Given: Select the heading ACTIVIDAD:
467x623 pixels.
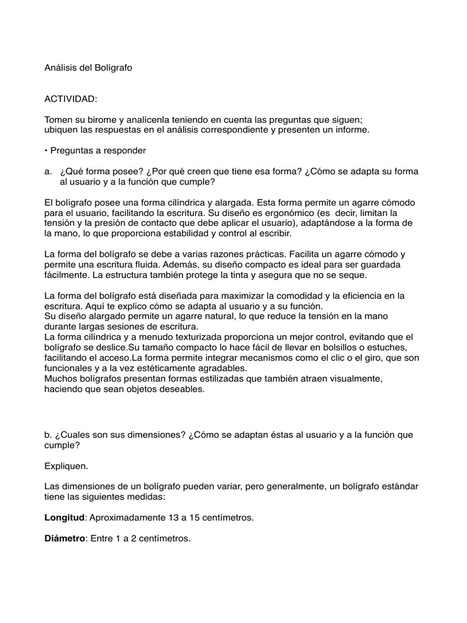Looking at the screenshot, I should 71,99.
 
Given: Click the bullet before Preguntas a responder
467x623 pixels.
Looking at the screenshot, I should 46,151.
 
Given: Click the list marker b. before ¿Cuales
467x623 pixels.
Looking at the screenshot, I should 48,435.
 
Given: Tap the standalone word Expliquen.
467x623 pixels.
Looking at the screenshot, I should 66,466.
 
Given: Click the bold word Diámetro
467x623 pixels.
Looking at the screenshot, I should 64,538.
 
